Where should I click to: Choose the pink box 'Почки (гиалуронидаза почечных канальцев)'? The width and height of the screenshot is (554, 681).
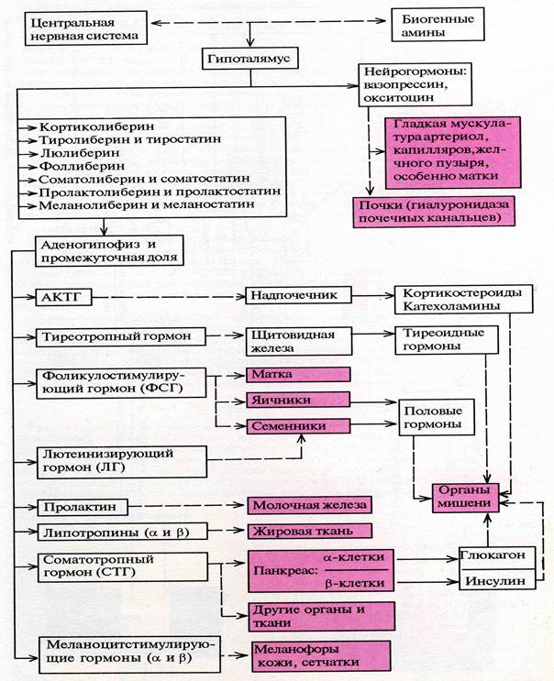pos(434,211)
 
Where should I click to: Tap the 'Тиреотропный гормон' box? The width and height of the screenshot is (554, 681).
pos(116,337)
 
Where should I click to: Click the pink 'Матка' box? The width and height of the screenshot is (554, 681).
pos(299,375)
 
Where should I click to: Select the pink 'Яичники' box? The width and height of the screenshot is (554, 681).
pos(299,401)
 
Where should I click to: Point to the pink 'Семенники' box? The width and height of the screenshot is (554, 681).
pos(299,426)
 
